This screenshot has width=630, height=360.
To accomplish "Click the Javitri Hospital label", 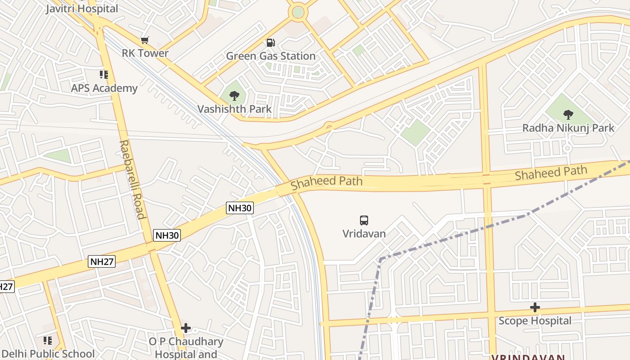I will pyautogui.click(x=82, y=8).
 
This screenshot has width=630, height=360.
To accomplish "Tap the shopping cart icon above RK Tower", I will pyautogui.click(x=144, y=40).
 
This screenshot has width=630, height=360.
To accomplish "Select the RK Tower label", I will pyautogui.click(x=145, y=53).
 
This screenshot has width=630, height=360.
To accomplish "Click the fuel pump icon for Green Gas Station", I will pyautogui.click(x=270, y=43).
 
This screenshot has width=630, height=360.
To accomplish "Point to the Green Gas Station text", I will pyautogui.click(x=270, y=56).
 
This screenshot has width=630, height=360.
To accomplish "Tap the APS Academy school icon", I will pyautogui.click(x=104, y=75).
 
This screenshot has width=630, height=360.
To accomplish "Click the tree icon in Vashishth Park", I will pyautogui.click(x=234, y=95).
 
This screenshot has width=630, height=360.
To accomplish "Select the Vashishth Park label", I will pyautogui.click(x=234, y=109).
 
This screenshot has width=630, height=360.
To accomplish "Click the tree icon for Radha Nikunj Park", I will pyautogui.click(x=568, y=114).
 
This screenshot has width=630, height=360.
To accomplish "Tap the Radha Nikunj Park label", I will pyautogui.click(x=568, y=128).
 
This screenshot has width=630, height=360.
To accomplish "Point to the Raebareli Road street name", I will pyautogui.click(x=132, y=179).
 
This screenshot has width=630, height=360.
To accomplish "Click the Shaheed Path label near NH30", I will pyautogui.click(x=326, y=182).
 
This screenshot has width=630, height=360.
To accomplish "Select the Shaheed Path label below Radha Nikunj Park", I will pyautogui.click(x=551, y=172).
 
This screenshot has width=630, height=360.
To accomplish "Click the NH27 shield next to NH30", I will pyautogui.click(x=102, y=261).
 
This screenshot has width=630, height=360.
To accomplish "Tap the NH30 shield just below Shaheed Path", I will pyautogui.click(x=240, y=208).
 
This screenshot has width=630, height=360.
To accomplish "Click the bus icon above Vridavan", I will pyautogui.click(x=364, y=220).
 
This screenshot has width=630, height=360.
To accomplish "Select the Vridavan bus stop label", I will pyautogui.click(x=364, y=234).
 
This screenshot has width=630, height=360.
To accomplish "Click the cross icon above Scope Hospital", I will pyautogui.click(x=535, y=308).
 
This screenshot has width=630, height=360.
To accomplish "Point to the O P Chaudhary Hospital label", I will pyautogui.click(x=186, y=347).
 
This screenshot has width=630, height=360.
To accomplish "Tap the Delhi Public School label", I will pyautogui.click(x=48, y=354).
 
